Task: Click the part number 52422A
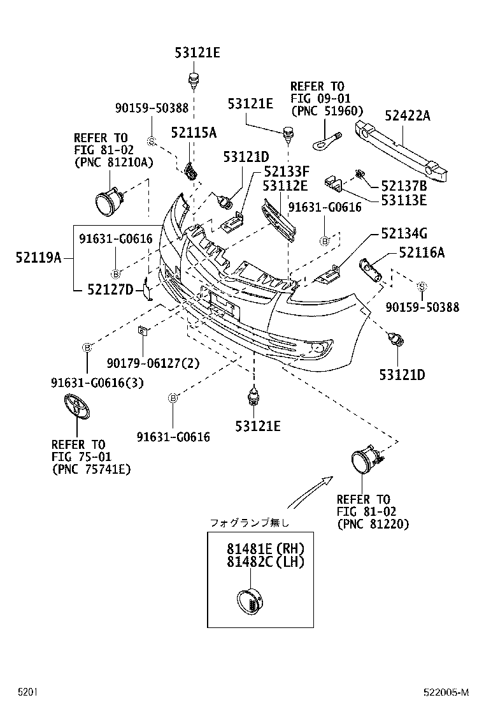pyautogui.click(x=407, y=115)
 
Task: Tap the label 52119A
pyautogui.click(x=39, y=258)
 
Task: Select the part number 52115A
pyautogui.click(x=193, y=133)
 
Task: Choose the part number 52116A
pyautogui.click(x=422, y=252)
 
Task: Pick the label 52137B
pyautogui.click(x=404, y=186)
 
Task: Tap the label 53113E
pyautogui.click(x=404, y=200)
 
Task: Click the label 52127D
pyautogui.click(x=110, y=290)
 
